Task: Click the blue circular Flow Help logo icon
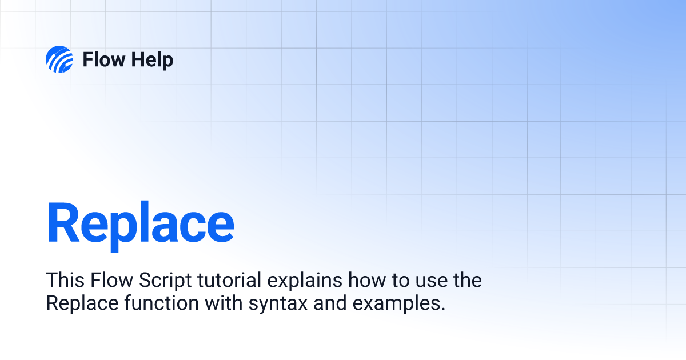click(59, 59)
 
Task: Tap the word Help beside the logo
click(151, 60)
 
